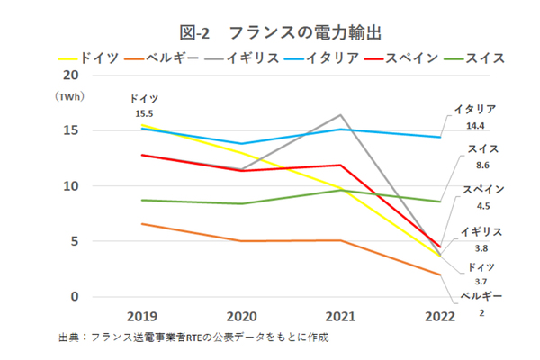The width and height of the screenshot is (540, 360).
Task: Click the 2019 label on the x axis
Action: tap(142, 316)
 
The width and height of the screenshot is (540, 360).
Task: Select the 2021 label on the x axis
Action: tap(340, 316)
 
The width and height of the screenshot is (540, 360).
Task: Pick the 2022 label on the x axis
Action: tap(439, 316)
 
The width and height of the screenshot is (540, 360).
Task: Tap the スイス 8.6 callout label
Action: tap(478, 157)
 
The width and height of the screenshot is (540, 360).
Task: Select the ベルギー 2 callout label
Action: tap(480, 303)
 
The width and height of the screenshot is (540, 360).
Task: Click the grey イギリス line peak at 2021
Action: tap(340, 114)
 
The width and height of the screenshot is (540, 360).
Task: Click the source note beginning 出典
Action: tap(193, 337)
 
